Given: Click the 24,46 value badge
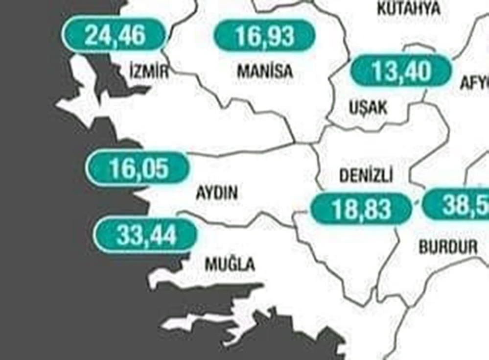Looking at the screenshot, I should tap(115, 35).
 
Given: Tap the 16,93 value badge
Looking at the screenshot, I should tap(264, 36).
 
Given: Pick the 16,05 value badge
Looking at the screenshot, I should tap(138, 168).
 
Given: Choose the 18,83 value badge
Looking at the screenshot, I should tap(361, 209).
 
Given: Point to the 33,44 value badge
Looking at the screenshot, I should tap(145, 236).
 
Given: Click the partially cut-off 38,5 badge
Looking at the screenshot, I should tap(458, 205).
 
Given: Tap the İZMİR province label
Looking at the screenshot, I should tap(149, 72).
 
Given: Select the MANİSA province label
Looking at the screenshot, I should tap(265, 72).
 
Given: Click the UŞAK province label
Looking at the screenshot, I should tap(368, 107).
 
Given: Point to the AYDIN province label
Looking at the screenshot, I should tap(216, 193).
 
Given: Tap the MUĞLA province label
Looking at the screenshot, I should tap(230, 265).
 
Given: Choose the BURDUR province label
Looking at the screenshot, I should tap(448, 247).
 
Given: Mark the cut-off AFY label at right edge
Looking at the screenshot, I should tap(475, 83).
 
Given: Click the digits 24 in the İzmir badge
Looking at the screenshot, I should tap(97, 35).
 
